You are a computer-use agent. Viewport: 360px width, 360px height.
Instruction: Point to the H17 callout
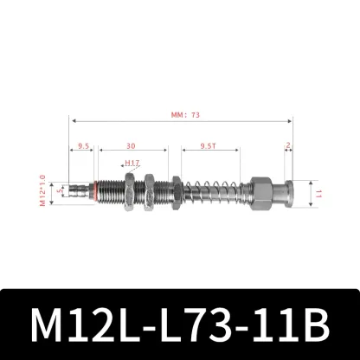click(x=132, y=162)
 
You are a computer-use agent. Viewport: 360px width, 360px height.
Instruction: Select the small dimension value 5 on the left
click(x=61, y=192)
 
